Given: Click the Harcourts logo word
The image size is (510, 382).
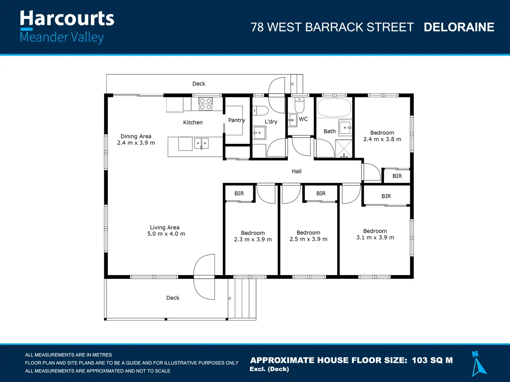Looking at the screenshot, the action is pos(67,18).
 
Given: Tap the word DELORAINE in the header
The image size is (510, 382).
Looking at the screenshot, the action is pos(459,27).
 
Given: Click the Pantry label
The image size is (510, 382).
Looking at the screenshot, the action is pos(237,120).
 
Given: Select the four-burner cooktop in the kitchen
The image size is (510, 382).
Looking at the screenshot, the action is pos(205,104).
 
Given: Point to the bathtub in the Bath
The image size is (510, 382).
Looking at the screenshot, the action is pos(334,108).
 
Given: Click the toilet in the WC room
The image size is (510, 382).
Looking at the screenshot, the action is pos(299,105).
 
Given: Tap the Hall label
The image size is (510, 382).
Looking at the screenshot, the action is pos(297,171).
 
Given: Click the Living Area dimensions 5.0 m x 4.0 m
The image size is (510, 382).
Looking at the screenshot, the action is pos(166,234).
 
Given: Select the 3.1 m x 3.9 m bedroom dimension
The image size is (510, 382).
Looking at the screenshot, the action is pos(375,237).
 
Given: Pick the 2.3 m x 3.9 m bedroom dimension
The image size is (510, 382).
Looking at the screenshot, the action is pos(253,239).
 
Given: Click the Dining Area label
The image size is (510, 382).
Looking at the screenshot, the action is pos(136,136).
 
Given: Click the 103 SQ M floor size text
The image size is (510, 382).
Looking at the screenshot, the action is pos(432,360).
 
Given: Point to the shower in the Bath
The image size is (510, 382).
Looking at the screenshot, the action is pos(344,148).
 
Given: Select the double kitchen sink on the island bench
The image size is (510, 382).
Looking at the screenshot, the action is pos(201,143).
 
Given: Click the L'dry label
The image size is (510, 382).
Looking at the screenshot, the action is pos(271,121).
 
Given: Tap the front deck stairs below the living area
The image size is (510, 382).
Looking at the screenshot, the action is pos(242,299).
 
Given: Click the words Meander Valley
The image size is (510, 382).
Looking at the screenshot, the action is pos(62,37).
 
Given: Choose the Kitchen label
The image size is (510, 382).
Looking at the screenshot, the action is pos(193,122).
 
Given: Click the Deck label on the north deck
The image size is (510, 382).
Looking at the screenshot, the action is pos(199,84).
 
